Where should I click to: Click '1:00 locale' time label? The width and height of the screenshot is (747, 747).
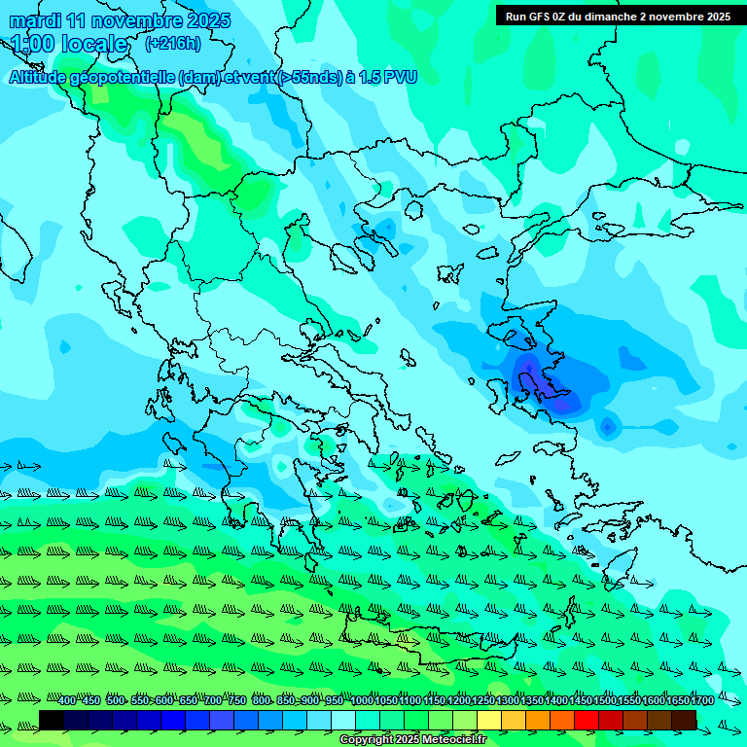pyautogui.click(x=70, y=44)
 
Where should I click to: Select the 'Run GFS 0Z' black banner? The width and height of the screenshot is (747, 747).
pyautogui.click(x=618, y=16)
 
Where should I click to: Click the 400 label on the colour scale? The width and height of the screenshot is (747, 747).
pyautogui.click(x=66, y=701)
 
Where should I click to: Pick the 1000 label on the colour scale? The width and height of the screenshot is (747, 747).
pyautogui.click(x=362, y=701)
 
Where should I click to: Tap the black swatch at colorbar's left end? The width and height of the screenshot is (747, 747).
pyautogui.click(x=52, y=720)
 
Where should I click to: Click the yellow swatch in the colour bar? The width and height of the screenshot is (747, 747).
pyautogui.click(x=489, y=720)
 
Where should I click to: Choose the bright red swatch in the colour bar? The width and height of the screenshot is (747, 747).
pyautogui.click(x=587, y=720)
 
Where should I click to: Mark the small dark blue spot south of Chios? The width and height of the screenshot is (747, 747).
pyautogui.click(x=608, y=426)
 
